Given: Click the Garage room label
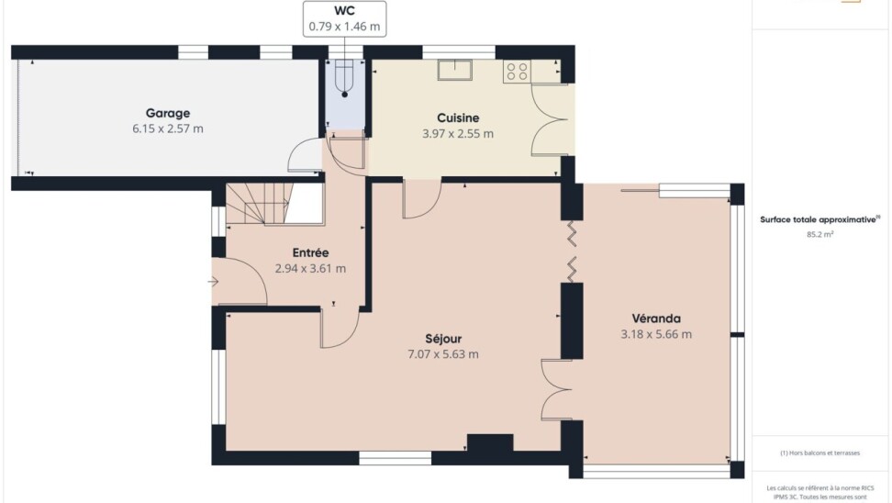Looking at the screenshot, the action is coord(168,113).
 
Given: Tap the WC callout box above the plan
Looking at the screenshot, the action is coord(345,18).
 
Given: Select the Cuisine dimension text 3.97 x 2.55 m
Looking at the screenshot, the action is coord(458,134).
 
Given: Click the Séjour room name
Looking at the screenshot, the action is coord(443,339).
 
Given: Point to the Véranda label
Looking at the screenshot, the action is coord(656,319).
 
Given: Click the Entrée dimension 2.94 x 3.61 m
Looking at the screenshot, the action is coord(310,269).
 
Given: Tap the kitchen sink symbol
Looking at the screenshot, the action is coord(454,70).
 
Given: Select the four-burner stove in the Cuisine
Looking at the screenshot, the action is coord(517,72).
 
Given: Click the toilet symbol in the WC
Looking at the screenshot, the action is coord(345,78).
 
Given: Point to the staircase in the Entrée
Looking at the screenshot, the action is coord(259,203).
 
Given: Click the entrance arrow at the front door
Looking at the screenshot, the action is coord(213,282).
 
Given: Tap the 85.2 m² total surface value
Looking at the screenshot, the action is coord(820,234).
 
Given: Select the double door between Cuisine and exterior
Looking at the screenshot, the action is coord(550,119).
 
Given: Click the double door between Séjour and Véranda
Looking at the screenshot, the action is coord(556,390).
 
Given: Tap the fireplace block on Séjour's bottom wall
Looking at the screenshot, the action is coord(490,442).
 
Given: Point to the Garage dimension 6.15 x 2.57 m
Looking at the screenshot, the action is coord(168,129).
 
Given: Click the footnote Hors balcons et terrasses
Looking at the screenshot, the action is coord(820,453).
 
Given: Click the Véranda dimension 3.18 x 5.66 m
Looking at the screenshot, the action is coord(656,334).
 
